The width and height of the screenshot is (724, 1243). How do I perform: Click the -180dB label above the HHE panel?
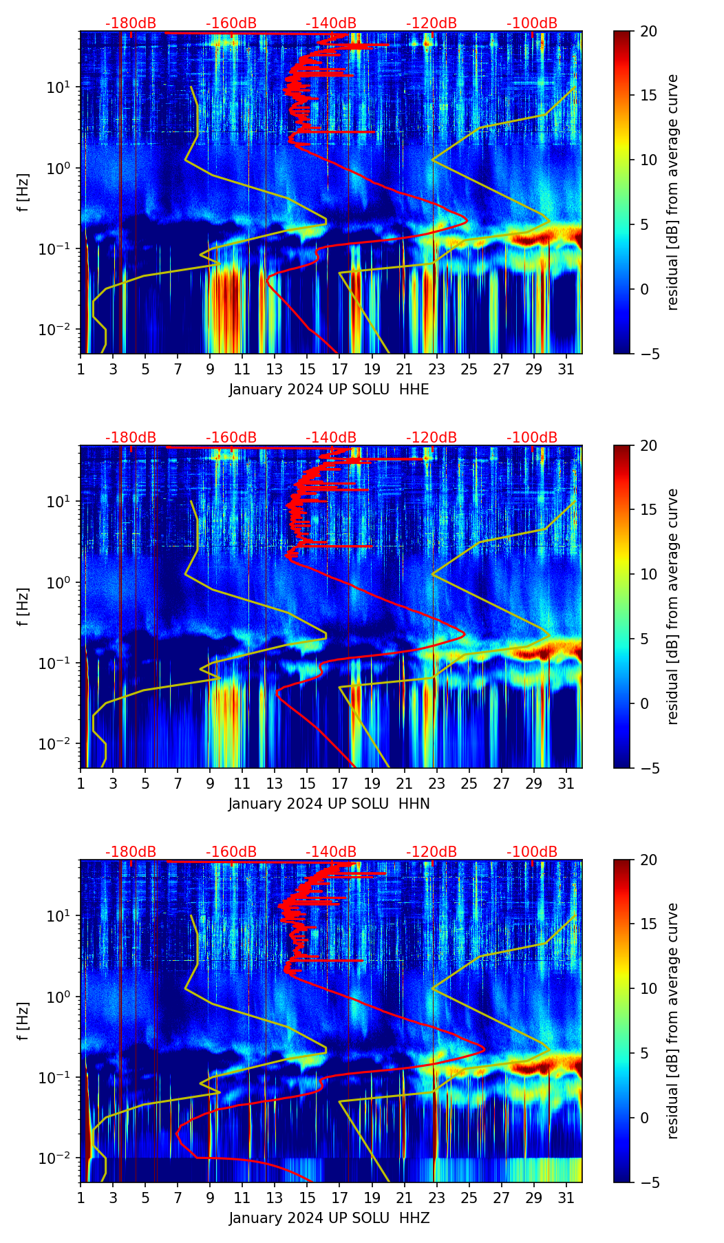[x=131, y=23]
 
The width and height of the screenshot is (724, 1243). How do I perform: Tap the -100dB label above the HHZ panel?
[x=532, y=852]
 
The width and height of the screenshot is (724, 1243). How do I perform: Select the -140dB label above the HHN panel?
[x=331, y=438]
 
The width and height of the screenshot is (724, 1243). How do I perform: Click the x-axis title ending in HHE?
[x=329, y=390]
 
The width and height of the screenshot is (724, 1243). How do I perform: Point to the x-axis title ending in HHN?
[x=329, y=804]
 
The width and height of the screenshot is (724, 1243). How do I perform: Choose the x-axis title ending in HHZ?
[x=329, y=1218]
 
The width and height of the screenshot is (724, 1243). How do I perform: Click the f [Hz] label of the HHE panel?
[x=23, y=193]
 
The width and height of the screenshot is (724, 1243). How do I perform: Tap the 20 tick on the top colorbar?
[x=648, y=32]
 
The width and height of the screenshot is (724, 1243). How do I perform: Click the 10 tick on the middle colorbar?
[x=648, y=574]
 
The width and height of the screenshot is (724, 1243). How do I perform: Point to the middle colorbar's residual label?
[x=673, y=606]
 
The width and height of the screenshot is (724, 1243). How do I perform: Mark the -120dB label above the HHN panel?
[x=432, y=438]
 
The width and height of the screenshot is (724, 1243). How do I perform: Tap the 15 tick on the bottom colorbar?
[x=648, y=924]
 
